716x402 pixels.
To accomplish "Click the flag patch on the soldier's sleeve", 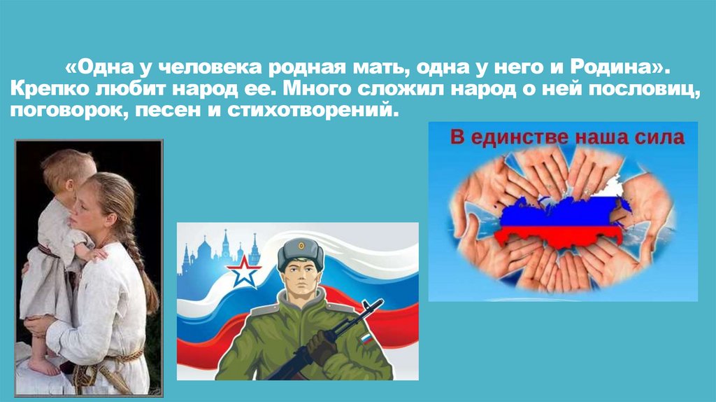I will (366, 340).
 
